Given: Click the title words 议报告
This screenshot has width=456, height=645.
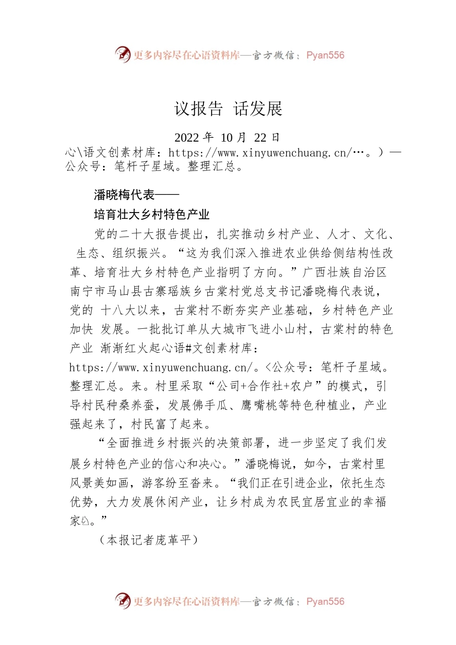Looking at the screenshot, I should coord(198,109).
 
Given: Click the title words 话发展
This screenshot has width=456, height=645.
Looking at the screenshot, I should coord(258,109).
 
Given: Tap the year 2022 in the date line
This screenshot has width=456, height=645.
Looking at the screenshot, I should coord(187,138).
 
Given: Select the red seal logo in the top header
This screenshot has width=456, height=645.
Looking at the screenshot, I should coord(123,54).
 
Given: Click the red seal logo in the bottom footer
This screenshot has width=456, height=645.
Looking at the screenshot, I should coord(123,600).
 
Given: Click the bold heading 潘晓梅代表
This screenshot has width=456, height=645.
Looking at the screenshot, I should coord(124,195).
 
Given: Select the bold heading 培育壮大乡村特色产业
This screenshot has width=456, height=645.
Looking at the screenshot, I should coord(152,215).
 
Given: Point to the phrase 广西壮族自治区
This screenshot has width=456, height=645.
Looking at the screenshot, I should coord(345,273).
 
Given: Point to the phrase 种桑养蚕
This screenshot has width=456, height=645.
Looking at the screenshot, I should coord(130,405).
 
